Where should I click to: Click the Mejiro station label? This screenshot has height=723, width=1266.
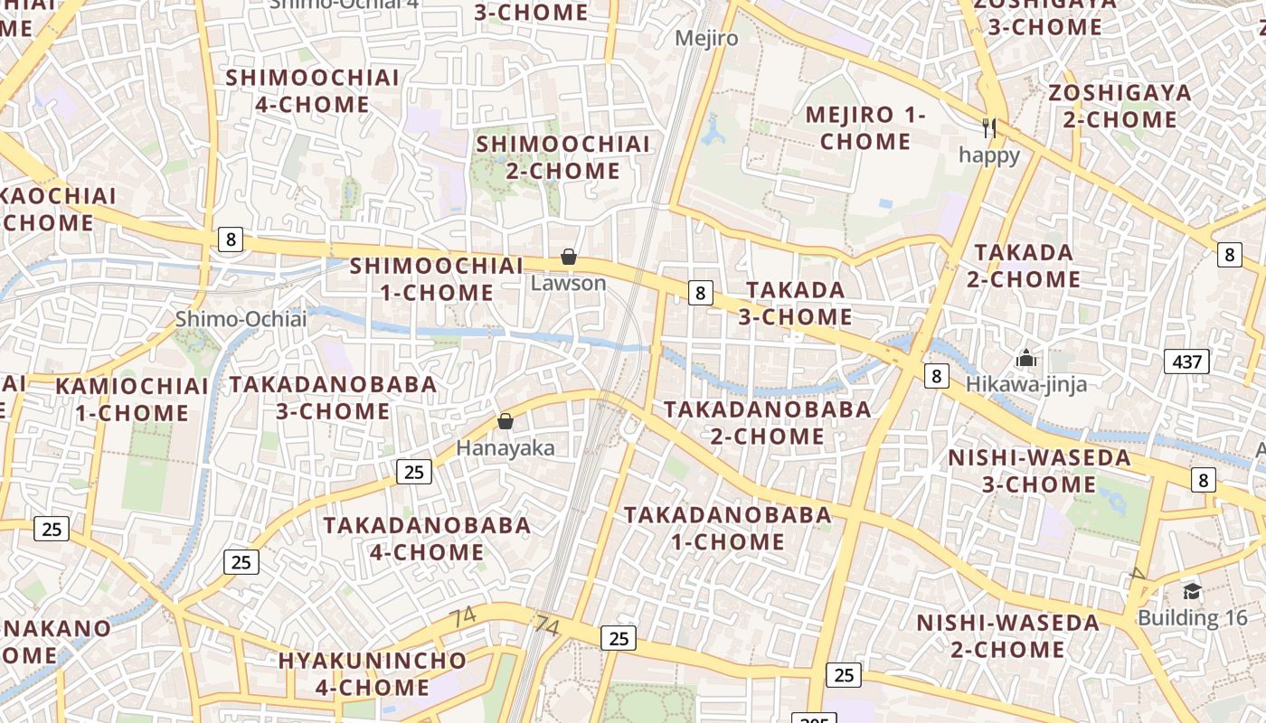707,39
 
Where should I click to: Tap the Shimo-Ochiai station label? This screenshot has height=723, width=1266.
241,319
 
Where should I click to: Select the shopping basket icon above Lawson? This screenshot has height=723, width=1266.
569,258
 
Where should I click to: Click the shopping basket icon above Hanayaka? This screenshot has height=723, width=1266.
505,422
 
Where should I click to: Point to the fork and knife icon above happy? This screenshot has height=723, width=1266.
989,128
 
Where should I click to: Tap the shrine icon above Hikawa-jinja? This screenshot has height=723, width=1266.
1025,359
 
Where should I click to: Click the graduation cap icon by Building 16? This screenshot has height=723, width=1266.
1192,592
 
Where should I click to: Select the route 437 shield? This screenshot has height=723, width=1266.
1186,362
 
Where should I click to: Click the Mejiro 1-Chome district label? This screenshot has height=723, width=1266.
865,128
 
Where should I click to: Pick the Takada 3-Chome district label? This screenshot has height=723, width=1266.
796,304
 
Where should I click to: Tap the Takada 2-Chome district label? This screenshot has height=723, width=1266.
1024,266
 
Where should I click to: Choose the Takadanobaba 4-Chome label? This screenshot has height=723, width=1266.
427,539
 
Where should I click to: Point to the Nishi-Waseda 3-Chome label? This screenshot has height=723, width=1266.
1040,471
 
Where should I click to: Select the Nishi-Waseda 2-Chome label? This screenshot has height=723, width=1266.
1008,636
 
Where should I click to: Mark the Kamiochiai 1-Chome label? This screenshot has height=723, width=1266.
132,399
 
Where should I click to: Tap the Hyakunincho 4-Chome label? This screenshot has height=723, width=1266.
373,674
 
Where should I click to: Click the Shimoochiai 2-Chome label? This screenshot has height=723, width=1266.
563,157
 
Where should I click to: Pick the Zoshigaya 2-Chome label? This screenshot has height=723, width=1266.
1120,106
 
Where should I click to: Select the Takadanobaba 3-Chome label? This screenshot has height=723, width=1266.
333,398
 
